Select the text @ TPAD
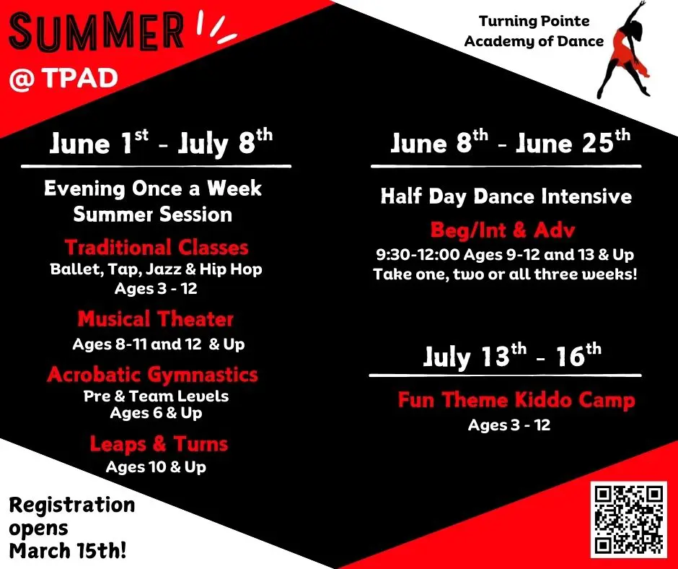[x=63, y=78]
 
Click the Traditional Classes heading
[x=157, y=248]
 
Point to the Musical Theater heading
[x=156, y=318]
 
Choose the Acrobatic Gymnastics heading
[x=152, y=374]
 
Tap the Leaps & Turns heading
[x=159, y=443]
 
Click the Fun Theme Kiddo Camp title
[x=516, y=399]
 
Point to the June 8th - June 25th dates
[x=510, y=142]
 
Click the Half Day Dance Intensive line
[x=506, y=196]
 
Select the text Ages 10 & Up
[x=156, y=467]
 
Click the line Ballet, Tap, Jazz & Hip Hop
[x=156, y=270]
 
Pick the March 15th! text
[x=67, y=550]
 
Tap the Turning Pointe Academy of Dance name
[x=534, y=32]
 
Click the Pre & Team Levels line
[x=156, y=396]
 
